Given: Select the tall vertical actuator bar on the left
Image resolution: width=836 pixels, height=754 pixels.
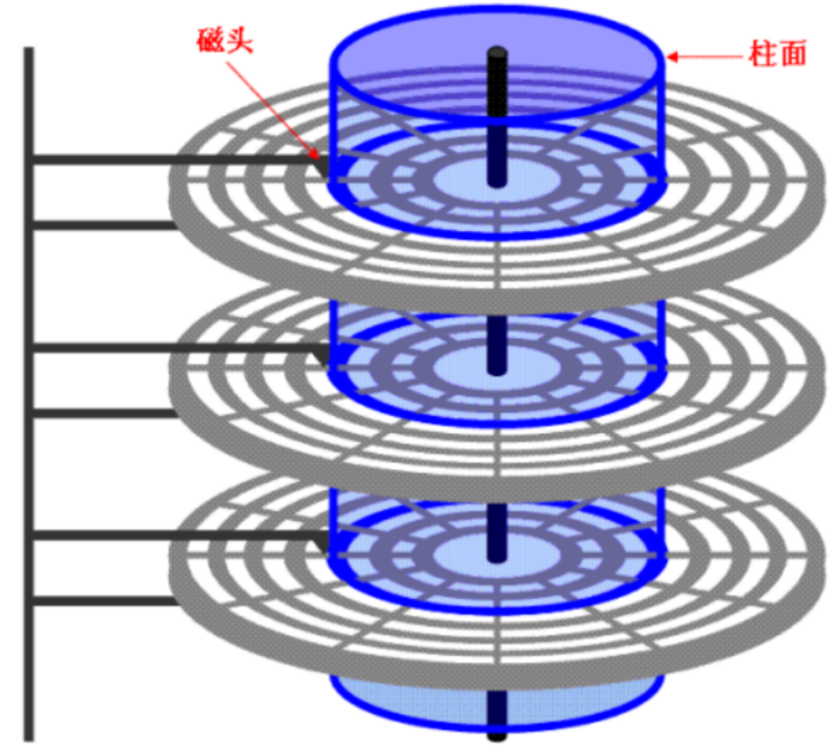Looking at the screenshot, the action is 29,393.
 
